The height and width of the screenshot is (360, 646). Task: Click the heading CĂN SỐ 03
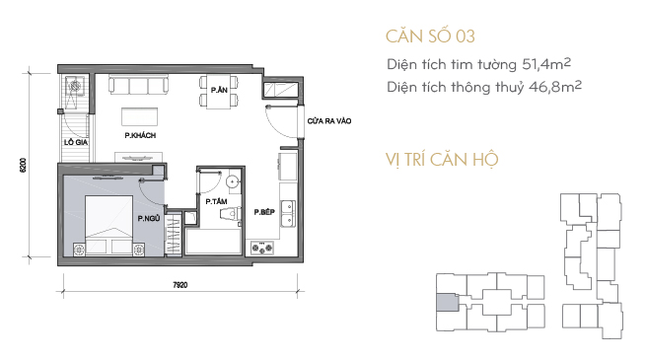(x=430, y=36)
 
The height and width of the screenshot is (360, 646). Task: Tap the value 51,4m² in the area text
(x=546, y=64)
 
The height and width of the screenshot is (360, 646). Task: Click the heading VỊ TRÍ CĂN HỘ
(x=442, y=160)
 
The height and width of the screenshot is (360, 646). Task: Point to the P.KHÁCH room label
(x=140, y=135)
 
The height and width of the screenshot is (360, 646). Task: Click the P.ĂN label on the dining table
(x=219, y=90)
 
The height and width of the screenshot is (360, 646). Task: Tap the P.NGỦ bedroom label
(x=149, y=218)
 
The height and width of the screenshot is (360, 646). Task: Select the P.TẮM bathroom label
(x=216, y=201)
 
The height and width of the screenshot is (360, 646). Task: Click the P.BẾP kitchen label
(x=264, y=212)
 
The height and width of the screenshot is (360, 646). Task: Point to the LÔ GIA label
(x=76, y=142)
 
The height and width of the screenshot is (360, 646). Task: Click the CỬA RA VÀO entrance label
(x=329, y=121)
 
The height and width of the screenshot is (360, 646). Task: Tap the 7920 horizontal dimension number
(x=180, y=285)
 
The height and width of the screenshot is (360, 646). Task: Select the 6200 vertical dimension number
(x=23, y=165)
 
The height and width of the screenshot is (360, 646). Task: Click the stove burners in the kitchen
(x=262, y=248)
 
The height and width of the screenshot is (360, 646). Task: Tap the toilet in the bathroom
(x=231, y=214)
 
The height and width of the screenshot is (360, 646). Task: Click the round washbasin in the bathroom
(x=233, y=181)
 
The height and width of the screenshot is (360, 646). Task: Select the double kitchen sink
(x=288, y=213)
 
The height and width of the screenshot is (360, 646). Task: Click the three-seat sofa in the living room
(x=138, y=85)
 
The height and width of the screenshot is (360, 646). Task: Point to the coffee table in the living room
(x=140, y=117)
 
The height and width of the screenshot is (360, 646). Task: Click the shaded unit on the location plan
(x=448, y=303)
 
